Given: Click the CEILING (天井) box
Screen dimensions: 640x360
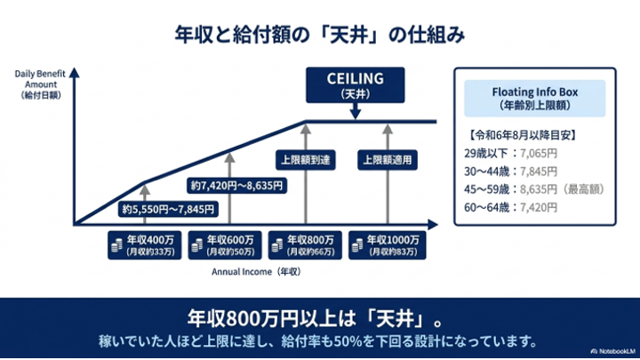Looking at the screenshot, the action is click(x=355, y=85).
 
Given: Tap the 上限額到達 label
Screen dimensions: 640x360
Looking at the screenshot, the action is click(x=305, y=160).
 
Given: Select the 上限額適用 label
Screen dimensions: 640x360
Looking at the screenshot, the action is click(x=388, y=160).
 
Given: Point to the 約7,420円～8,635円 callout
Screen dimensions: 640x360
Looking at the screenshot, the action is click(x=236, y=186).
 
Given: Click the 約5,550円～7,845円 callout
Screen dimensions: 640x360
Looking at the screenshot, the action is click(x=168, y=210).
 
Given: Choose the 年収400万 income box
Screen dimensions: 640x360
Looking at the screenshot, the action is click(x=145, y=245).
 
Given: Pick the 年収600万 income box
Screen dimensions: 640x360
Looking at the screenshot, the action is click(x=225, y=245).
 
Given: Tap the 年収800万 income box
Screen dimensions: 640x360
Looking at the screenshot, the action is click(x=305, y=245).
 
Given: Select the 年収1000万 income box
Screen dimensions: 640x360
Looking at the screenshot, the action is click(x=387, y=245).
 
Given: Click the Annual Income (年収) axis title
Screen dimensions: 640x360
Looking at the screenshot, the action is click(x=256, y=272).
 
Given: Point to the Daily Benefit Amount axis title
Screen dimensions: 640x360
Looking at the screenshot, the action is click(x=40, y=84).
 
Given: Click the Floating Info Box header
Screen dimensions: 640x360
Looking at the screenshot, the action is click(x=535, y=99).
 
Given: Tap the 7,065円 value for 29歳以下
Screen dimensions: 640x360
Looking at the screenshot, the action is click(x=539, y=154).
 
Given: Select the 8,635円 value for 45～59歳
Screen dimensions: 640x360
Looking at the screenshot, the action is click(x=539, y=189).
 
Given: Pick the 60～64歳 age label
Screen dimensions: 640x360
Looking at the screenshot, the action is click(x=486, y=207).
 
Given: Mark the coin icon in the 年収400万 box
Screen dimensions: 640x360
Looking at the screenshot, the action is click(x=116, y=245).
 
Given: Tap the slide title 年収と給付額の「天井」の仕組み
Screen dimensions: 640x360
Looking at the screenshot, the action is click(x=320, y=35).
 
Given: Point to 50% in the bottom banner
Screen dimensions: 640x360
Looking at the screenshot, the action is click(x=348, y=341).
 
